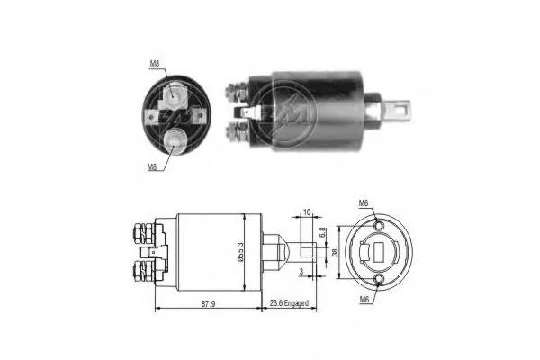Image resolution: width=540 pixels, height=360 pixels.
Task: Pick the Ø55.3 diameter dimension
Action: coord(238,247)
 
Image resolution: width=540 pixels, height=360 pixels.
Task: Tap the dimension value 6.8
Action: coord(322,235)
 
